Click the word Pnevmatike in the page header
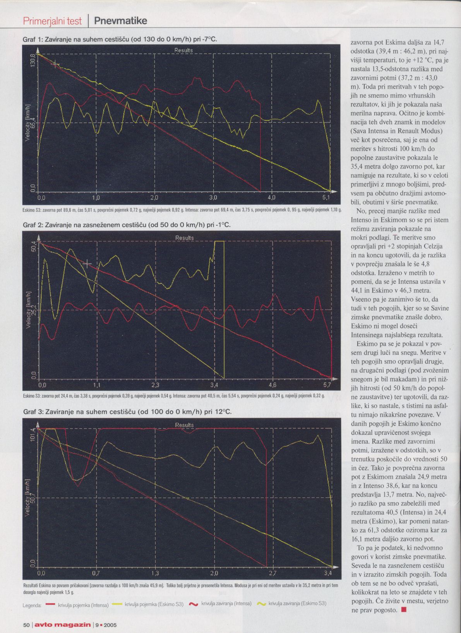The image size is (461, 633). pos(120,21)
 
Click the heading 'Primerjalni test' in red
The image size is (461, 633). pos(52,21)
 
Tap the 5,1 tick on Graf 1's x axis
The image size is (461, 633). pos(326,197)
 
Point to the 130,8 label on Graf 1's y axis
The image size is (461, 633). pos(33,60)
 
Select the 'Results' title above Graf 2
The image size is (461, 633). pos(185,238)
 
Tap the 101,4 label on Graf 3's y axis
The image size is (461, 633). pos(33,435)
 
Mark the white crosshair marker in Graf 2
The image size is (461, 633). pos(87,264)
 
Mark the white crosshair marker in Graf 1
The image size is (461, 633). pos(55,64)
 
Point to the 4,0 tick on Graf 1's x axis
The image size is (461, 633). pos(271,197)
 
